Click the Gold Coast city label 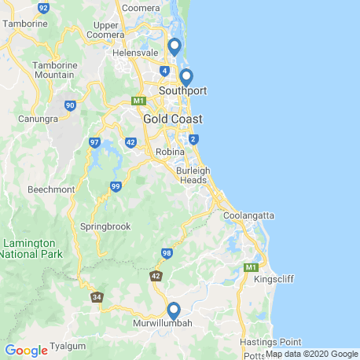(172, 119)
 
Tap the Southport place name (182, 91)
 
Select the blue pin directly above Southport (186, 77)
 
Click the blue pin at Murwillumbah (174, 310)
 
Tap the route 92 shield (42, 6)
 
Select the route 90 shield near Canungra (71, 105)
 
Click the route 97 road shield (94, 142)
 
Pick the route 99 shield (116, 186)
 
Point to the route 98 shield (167, 253)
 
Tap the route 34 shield (97, 297)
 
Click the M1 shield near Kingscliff (251, 268)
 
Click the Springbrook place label (105, 226)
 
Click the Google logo (26, 350)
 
